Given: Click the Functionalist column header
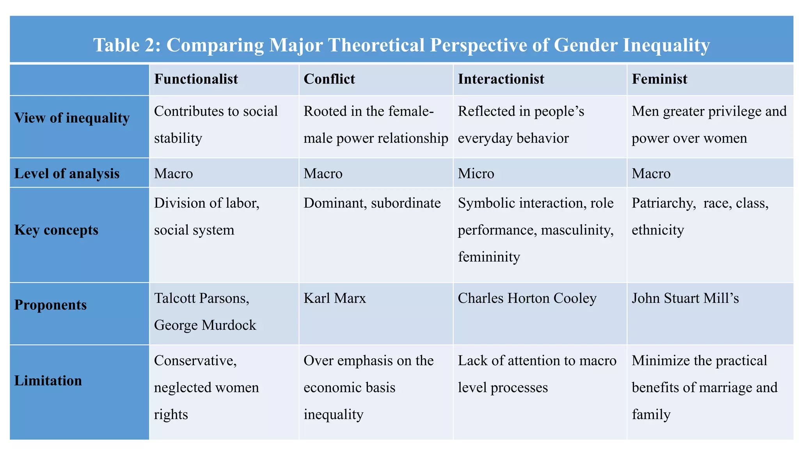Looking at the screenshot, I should click(196, 79).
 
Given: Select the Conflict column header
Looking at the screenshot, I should click(329, 79).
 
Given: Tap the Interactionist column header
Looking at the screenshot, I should click(501, 79).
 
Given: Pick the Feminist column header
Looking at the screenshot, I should click(659, 79).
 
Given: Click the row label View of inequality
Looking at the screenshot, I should click(72, 118).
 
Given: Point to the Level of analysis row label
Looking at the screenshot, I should click(67, 173).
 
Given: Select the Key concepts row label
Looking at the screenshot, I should click(56, 230).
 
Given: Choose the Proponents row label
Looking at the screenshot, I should click(50, 305).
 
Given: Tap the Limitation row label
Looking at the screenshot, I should click(48, 381).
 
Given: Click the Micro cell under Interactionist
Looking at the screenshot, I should click(476, 173).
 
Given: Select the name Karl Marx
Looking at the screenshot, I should click(335, 299).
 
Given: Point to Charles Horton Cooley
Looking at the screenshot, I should click(527, 299).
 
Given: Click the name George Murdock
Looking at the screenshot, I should click(205, 325).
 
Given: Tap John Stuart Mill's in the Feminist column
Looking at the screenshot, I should click(685, 299).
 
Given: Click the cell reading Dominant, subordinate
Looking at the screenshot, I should click(372, 203).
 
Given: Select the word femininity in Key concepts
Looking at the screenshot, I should click(488, 257).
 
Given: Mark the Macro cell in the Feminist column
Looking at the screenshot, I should click(651, 173).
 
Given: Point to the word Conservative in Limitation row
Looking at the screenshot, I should click(195, 361).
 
